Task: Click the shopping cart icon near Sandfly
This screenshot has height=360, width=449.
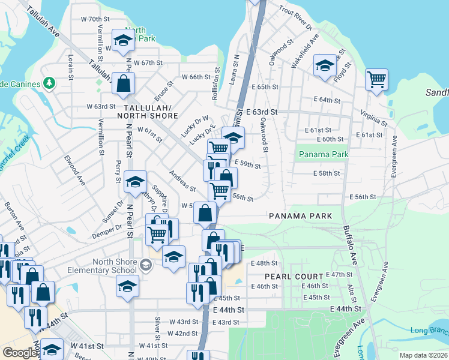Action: pos(376,79)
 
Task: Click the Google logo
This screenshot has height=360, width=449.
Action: pos(19,353)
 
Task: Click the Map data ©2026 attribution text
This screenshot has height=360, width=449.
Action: pos(424,355)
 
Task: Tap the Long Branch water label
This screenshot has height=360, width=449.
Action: pos(429,331)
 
